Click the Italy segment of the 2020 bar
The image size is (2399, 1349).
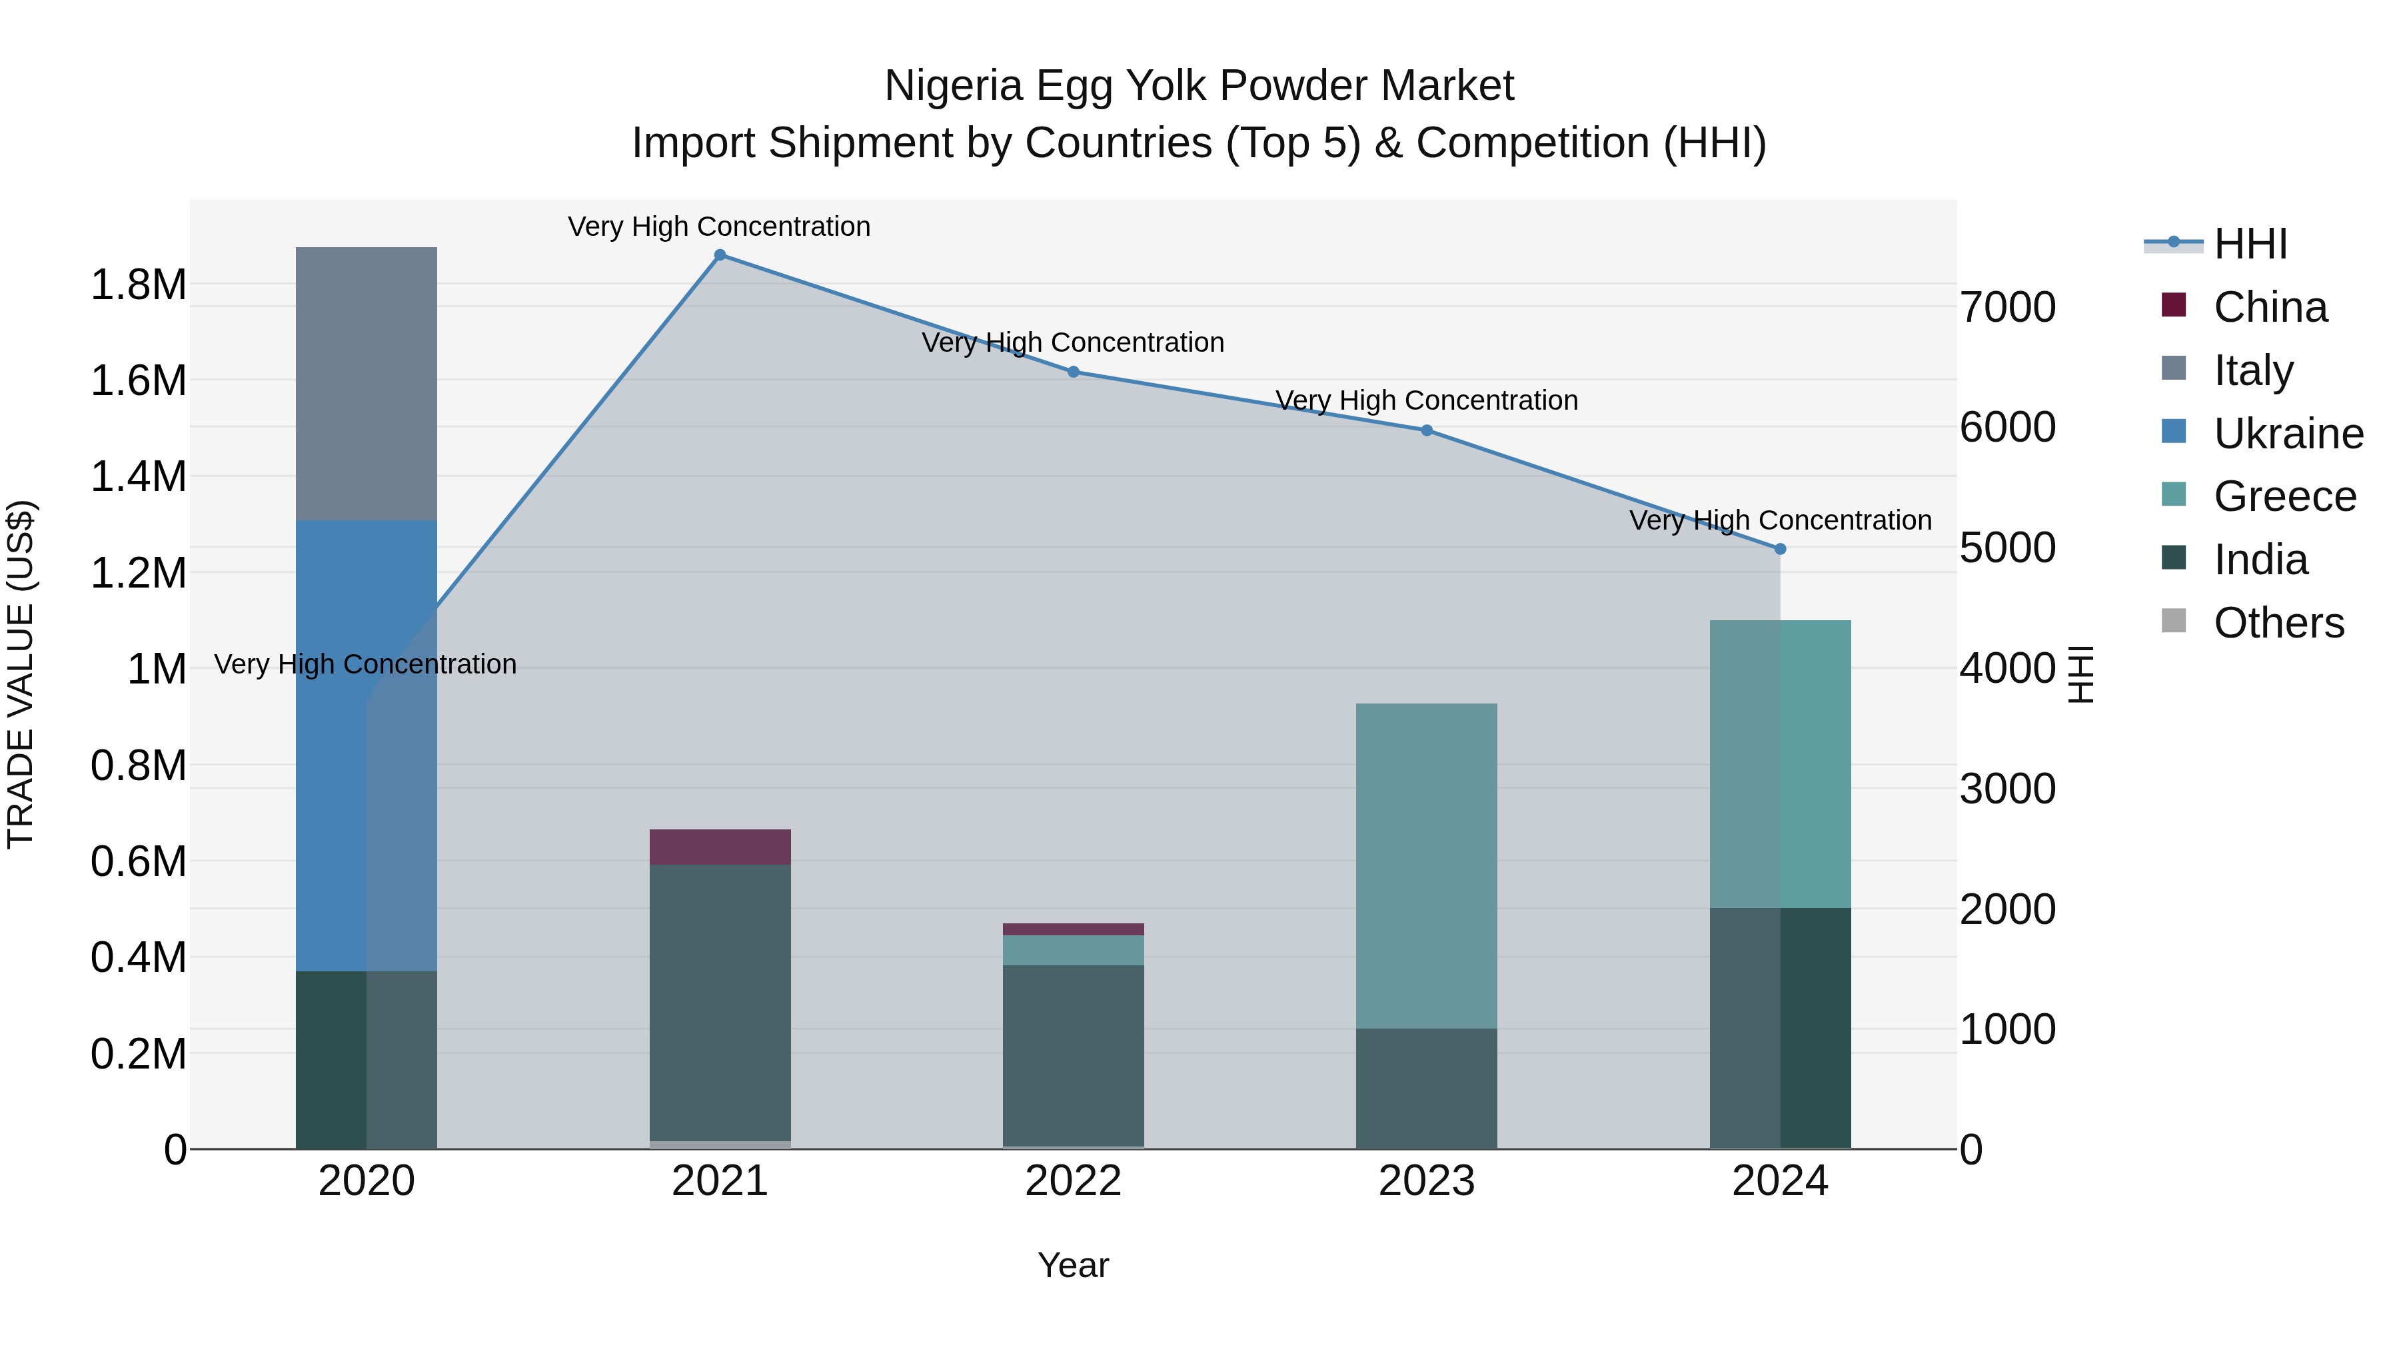pyautogui.click(x=366, y=382)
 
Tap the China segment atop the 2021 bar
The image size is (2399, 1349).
pyautogui.click(x=720, y=846)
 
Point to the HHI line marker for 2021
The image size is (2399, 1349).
pyautogui.click(x=720, y=255)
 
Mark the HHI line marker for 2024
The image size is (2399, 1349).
pyautogui.click(x=1781, y=550)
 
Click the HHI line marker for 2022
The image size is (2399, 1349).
pyautogui.click(x=1073, y=372)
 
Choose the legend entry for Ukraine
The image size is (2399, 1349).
pyautogui.click(x=2263, y=433)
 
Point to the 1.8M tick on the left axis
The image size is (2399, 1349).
pyautogui.click(x=138, y=285)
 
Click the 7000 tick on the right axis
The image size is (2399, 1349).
pyautogui.click(x=2008, y=307)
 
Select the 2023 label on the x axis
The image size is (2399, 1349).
pyautogui.click(x=1426, y=1181)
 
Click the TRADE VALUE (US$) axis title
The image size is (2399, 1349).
pyautogui.click(x=21, y=674)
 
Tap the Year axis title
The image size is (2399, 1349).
pyautogui.click(x=1073, y=1265)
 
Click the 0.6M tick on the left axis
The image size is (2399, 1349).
pyautogui.click(x=138, y=862)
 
